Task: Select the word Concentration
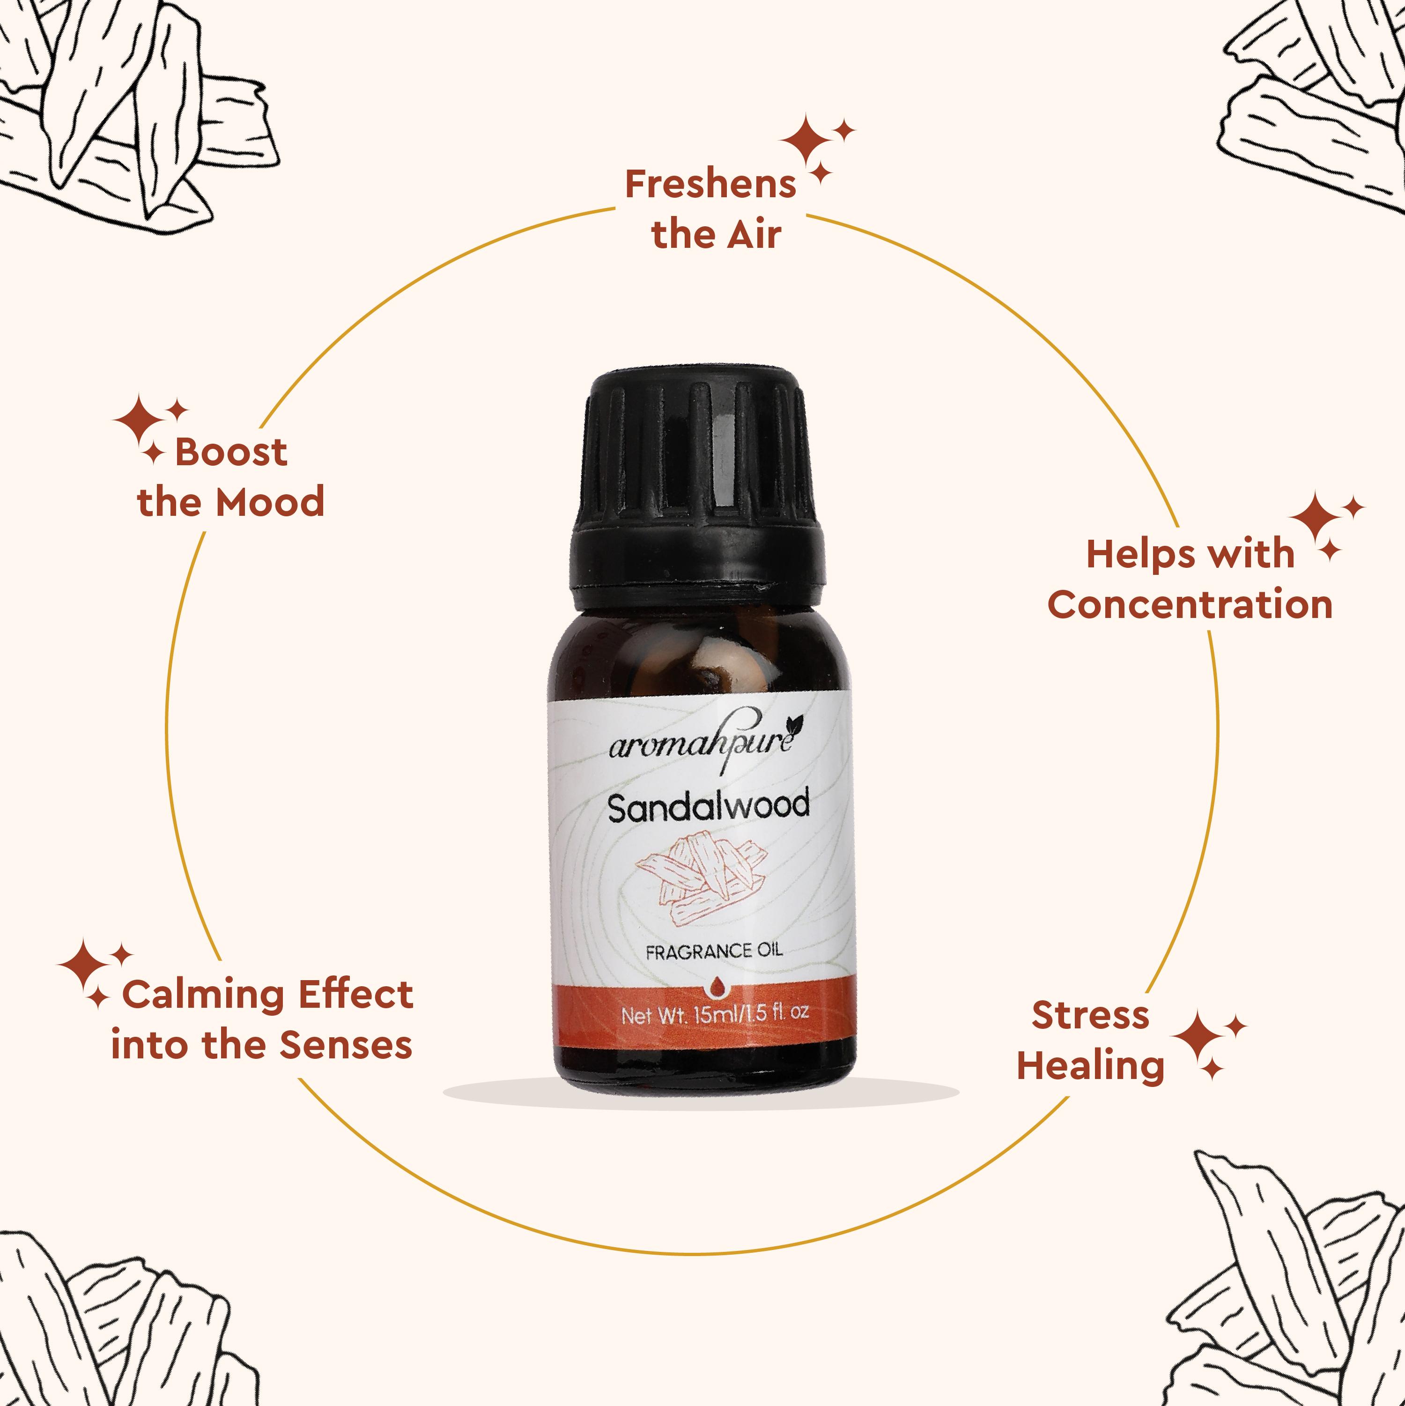click(1190, 605)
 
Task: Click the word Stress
click(1090, 1015)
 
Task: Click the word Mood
click(270, 502)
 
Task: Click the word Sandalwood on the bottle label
click(708, 807)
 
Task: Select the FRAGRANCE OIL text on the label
click(714, 951)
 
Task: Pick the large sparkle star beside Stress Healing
click(1198, 1035)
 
